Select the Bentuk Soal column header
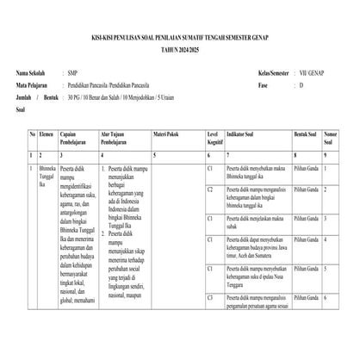pyautogui.click(x=306, y=135)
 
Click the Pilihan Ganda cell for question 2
pyautogui.click(x=306, y=189)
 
